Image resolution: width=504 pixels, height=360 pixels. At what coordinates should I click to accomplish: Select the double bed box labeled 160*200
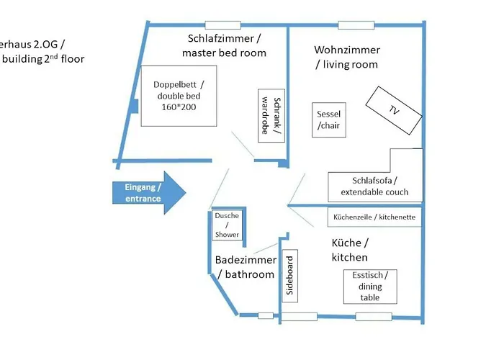[179, 96]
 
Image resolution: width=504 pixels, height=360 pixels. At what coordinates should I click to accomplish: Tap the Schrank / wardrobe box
[272, 116]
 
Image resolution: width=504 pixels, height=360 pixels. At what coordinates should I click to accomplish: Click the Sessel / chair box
[329, 120]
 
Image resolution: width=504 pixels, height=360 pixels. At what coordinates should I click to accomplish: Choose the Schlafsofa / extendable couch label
[374, 186]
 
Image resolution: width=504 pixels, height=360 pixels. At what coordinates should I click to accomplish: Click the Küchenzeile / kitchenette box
[374, 217]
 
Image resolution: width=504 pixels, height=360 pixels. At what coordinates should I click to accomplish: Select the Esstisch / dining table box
[370, 287]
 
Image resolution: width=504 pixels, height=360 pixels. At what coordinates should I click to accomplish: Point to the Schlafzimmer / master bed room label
[224, 45]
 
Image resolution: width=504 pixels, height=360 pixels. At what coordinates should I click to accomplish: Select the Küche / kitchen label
[350, 250]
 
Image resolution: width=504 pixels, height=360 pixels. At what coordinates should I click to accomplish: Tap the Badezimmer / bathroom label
[245, 267]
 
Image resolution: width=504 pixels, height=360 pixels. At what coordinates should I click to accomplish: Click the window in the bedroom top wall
[222, 26]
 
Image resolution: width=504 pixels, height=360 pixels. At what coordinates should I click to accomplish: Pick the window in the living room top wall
[356, 26]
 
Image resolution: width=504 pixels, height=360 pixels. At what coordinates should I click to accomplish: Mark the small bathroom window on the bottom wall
[266, 315]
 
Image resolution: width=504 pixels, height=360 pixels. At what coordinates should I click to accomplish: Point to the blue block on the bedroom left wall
[133, 105]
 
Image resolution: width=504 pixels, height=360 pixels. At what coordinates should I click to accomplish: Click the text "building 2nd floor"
[43, 58]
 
